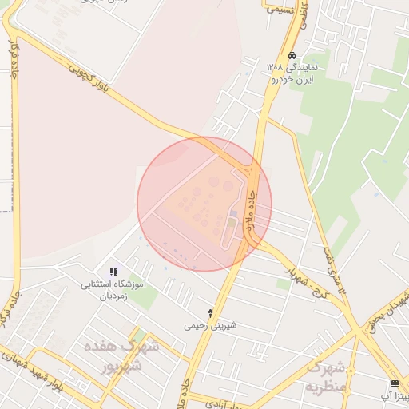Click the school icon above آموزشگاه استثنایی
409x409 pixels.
click(113, 272)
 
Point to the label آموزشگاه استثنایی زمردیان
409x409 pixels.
click(113, 289)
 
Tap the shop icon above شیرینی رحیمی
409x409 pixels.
click(210, 313)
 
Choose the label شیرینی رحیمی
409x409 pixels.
click(210, 326)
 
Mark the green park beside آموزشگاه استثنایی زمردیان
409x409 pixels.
click(141, 295)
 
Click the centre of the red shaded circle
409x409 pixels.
click(204, 204)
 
